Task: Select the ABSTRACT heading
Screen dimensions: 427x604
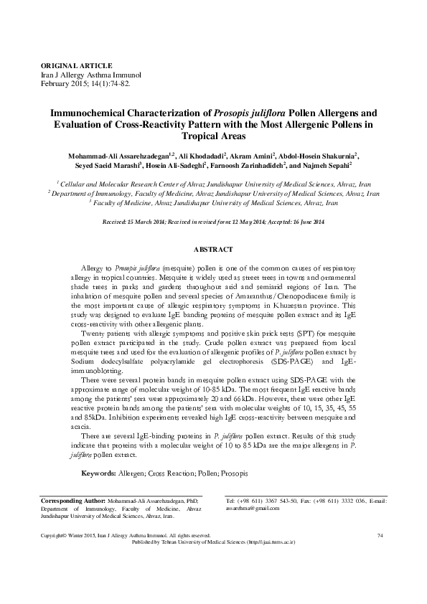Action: (x=213, y=249)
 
